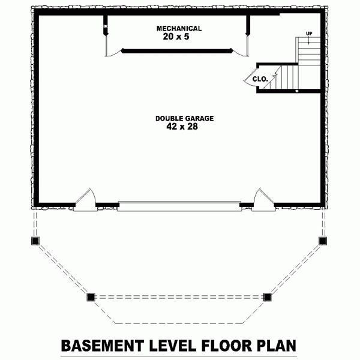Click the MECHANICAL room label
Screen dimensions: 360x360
point(179,28)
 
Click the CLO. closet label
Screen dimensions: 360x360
point(259,79)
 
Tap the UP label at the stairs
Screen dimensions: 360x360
point(309,34)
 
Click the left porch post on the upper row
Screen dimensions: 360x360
point(34,241)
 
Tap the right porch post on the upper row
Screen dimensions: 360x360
point(323,241)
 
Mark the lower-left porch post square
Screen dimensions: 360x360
point(91,296)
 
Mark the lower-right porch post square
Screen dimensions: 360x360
point(267,296)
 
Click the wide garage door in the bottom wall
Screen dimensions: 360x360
point(178,205)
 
